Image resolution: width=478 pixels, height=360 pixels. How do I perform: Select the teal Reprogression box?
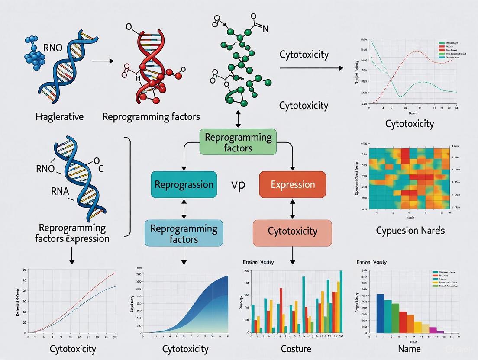(x=184, y=184)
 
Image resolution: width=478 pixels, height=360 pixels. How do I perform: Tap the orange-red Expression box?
(x=292, y=184)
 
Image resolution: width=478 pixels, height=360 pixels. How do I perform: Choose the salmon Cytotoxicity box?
(x=292, y=231)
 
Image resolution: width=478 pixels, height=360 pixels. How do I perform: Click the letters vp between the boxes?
(x=238, y=184)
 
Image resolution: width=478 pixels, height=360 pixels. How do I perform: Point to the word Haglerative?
(x=60, y=116)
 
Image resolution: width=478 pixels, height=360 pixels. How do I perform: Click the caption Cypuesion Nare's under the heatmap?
(x=410, y=230)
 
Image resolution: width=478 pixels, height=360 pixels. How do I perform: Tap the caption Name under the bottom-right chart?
(x=409, y=348)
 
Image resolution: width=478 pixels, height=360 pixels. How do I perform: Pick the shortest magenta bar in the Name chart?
(x=440, y=332)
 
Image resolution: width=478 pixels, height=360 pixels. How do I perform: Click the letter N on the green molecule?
(x=265, y=29)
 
